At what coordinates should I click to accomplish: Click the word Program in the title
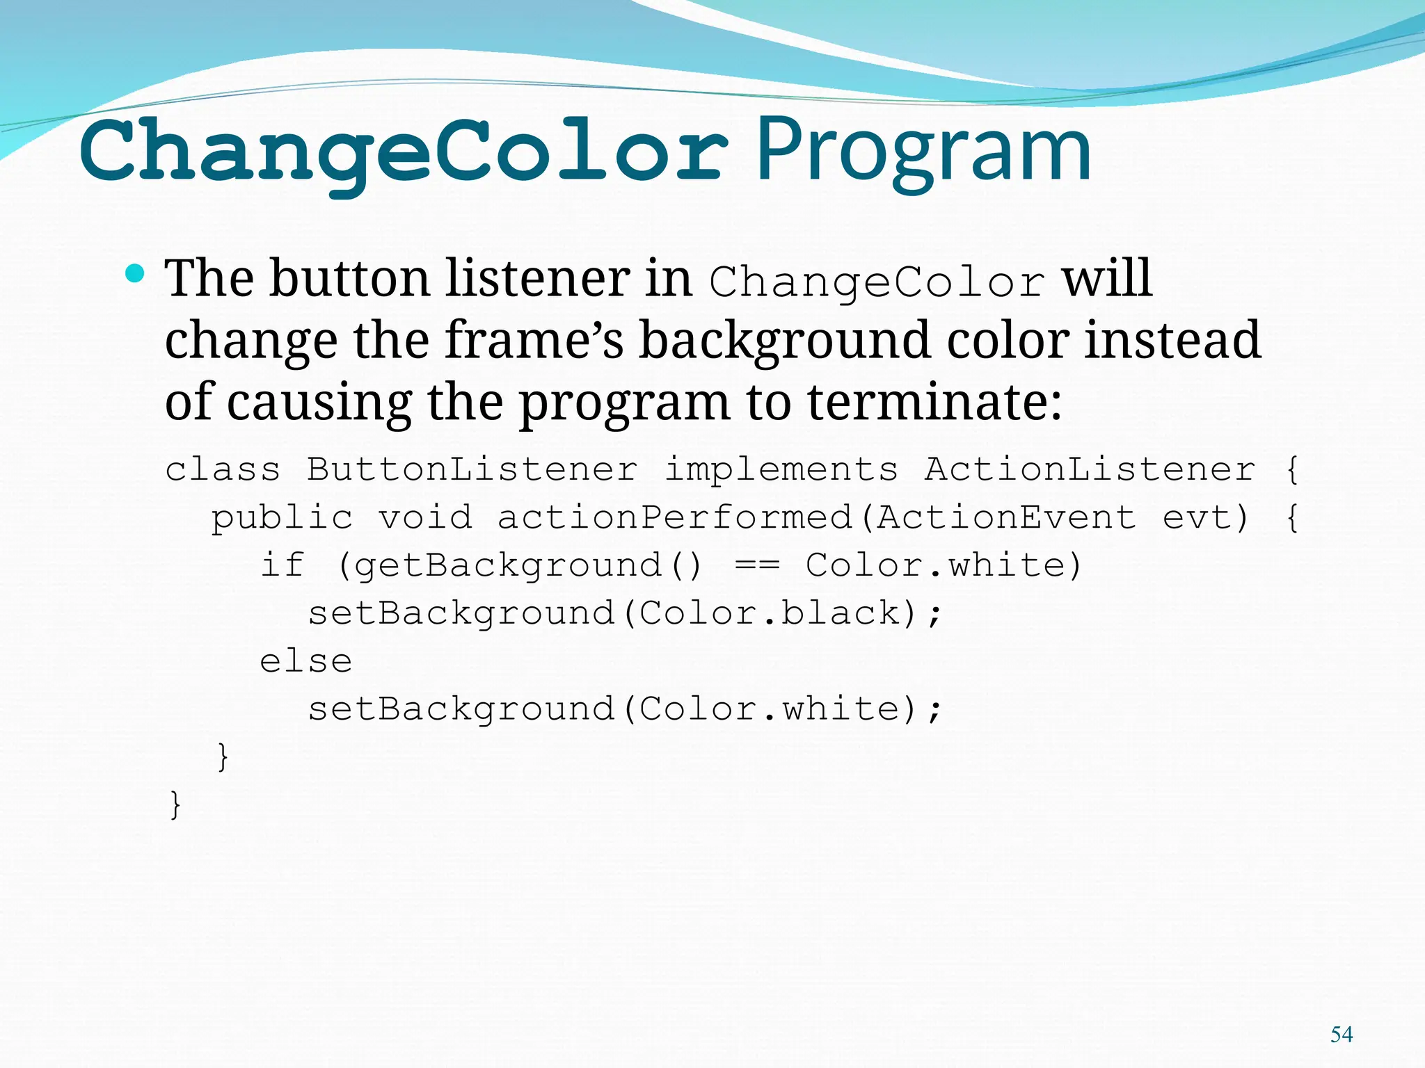[x=923, y=152]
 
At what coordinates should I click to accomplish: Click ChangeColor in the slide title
[x=404, y=152]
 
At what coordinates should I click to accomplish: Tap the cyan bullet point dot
[x=136, y=274]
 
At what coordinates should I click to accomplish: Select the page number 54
[x=1342, y=1035]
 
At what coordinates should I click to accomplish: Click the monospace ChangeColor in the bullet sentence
[x=877, y=281]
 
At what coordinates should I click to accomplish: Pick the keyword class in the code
[x=223, y=469]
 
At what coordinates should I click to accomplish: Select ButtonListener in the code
[x=472, y=469]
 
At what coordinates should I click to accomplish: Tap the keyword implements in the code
[x=781, y=469]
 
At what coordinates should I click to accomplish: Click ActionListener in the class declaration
[x=1090, y=469]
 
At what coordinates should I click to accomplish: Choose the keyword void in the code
[x=424, y=517]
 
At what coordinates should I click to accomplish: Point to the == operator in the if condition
[x=757, y=565]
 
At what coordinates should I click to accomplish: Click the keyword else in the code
[x=306, y=661]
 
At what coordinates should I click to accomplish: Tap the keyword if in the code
[x=282, y=565]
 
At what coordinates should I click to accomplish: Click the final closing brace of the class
[x=175, y=804]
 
